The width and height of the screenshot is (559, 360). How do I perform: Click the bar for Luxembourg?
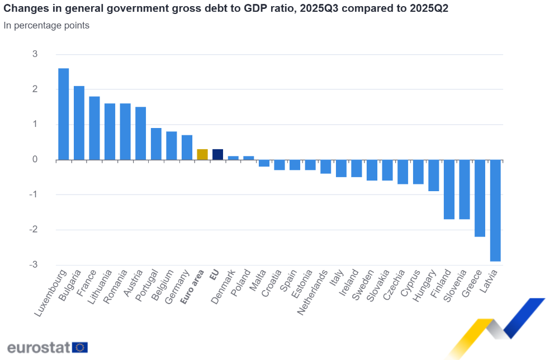(64, 114)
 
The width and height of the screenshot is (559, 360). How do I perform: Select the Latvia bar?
(495, 210)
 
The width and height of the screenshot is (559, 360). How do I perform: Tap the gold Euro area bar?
(202, 154)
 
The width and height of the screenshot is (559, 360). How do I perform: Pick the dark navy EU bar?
(218, 154)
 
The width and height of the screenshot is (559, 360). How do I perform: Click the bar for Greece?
(480, 198)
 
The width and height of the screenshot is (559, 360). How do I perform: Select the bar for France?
(94, 128)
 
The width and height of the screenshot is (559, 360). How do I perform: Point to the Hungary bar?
(433, 176)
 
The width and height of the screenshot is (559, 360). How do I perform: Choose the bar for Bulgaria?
(79, 123)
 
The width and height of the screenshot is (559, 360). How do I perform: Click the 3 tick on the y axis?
(35, 54)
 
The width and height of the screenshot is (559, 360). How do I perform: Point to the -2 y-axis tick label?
(34, 230)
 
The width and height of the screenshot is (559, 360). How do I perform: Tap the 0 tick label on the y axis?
(35, 159)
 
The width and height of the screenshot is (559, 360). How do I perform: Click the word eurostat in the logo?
(38, 347)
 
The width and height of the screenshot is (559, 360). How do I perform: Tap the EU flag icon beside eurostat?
(80, 347)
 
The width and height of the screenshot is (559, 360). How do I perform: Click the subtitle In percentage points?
(46, 26)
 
